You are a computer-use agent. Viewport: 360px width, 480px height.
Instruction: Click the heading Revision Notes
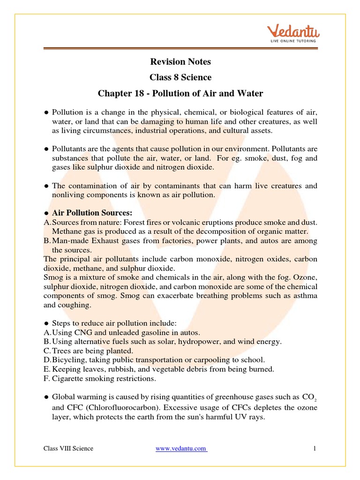180,61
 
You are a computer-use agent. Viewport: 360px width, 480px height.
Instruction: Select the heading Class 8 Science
180,77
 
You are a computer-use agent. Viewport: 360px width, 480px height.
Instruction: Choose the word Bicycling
69,360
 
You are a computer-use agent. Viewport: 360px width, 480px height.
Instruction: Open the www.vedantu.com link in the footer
181,449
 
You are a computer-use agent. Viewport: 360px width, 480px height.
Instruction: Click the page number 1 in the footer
315,449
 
